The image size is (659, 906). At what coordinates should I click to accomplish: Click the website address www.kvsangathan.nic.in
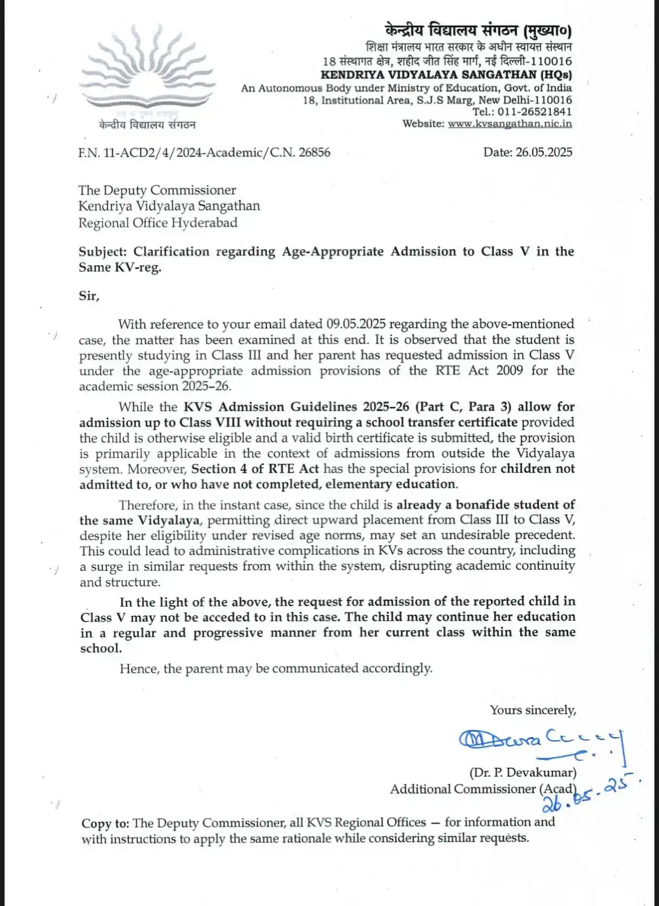pyautogui.click(x=510, y=123)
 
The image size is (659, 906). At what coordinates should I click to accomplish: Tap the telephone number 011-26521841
pyautogui.click(x=534, y=112)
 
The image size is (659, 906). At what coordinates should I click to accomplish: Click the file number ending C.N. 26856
pyautogui.click(x=204, y=152)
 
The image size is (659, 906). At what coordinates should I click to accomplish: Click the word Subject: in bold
pyautogui.click(x=104, y=251)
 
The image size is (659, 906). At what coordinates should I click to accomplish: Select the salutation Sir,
pyautogui.click(x=89, y=296)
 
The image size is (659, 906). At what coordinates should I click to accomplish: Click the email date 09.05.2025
pyautogui.click(x=356, y=324)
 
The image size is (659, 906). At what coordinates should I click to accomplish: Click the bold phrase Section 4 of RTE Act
pyautogui.click(x=255, y=469)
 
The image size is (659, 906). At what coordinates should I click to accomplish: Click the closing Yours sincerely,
pyautogui.click(x=533, y=710)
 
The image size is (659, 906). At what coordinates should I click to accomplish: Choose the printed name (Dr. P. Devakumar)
pyautogui.click(x=523, y=772)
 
